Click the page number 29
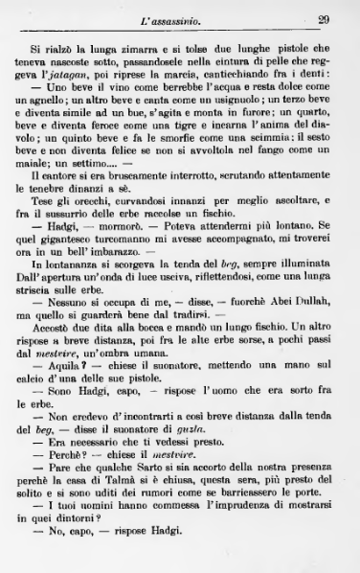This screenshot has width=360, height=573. [x=324, y=18]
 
